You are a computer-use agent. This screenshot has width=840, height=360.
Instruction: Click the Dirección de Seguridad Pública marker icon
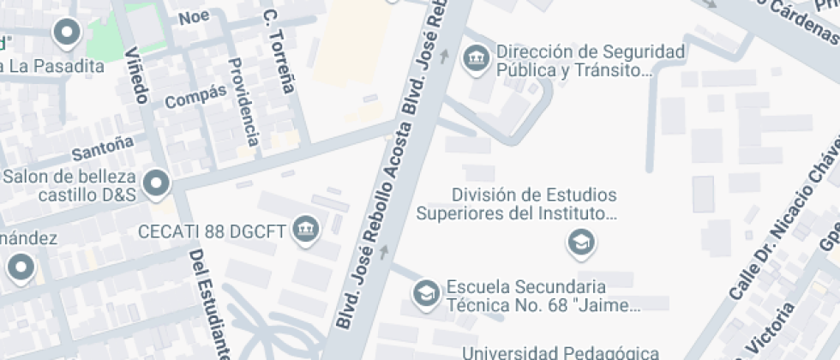click(x=473, y=59)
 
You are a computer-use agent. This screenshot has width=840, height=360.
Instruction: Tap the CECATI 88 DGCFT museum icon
click(x=305, y=229)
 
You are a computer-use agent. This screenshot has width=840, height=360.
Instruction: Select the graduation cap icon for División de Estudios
click(x=581, y=244)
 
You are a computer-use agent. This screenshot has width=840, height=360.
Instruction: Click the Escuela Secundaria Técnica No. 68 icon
click(x=424, y=294)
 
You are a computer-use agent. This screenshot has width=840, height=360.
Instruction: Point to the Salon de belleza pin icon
click(x=156, y=183)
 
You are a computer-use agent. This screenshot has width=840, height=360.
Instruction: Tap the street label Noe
click(x=194, y=17)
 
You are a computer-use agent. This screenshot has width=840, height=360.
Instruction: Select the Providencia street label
click(x=243, y=101)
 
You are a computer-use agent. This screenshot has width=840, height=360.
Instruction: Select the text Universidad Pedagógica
click(x=561, y=351)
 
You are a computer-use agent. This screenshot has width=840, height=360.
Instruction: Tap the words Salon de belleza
click(x=70, y=177)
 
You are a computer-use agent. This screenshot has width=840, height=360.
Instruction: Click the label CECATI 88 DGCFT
click(x=213, y=231)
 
